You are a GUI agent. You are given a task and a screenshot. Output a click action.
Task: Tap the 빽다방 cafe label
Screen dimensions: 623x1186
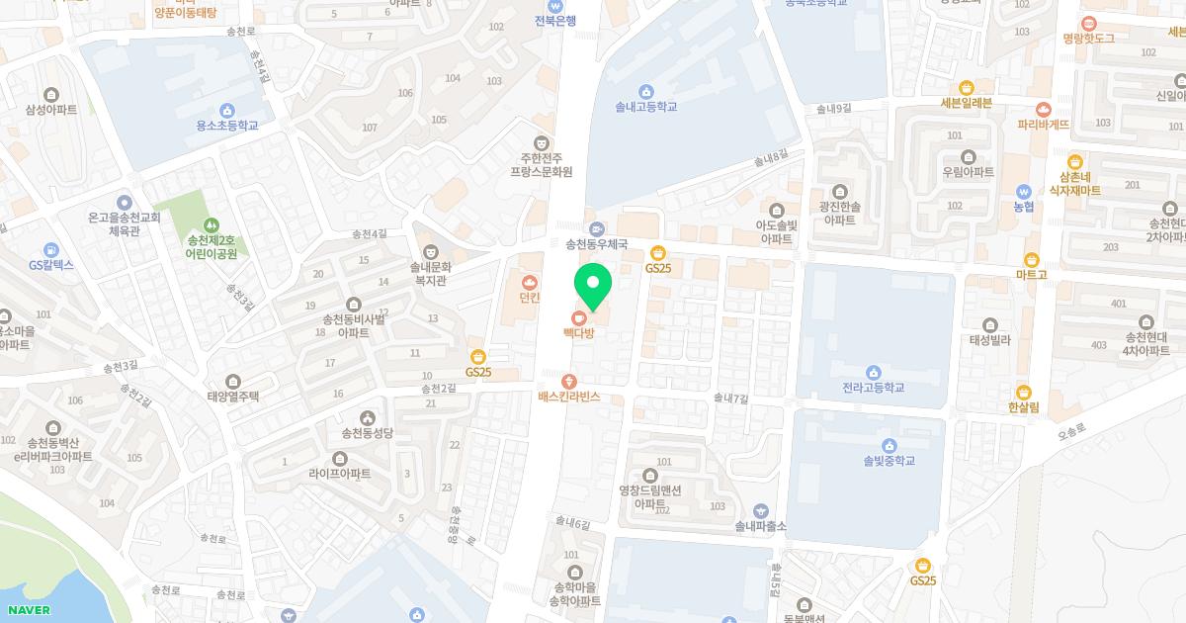(x=578, y=333)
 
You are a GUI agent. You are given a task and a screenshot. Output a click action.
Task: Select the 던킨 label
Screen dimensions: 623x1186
(x=530, y=297)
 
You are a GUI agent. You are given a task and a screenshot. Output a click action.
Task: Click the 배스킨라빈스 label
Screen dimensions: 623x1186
(x=568, y=397)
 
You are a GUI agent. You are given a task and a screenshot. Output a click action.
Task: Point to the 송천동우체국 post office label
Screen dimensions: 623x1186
(x=597, y=242)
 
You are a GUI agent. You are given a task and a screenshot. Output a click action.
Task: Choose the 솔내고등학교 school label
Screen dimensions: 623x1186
(x=645, y=106)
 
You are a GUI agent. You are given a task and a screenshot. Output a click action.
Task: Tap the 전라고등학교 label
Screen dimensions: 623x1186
(x=873, y=388)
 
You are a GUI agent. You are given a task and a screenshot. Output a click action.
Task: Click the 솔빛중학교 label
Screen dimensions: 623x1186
(x=889, y=460)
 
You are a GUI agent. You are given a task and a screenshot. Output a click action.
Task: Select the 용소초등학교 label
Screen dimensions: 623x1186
(x=227, y=126)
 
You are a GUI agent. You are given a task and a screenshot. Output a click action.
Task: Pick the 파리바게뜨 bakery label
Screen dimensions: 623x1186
(x=1043, y=125)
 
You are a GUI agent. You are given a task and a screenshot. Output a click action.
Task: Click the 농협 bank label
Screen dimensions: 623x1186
(x=1023, y=207)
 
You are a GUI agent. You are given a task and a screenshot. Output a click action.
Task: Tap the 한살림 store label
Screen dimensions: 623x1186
(x=1023, y=406)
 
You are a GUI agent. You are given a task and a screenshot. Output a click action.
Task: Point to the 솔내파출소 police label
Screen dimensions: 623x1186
(x=760, y=525)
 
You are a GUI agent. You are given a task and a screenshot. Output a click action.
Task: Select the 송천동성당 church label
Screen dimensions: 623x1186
(x=368, y=432)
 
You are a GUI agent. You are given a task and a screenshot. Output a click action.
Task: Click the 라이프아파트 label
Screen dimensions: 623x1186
(x=340, y=474)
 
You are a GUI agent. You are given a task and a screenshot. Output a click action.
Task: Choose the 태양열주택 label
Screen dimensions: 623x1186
(x=233, y=396)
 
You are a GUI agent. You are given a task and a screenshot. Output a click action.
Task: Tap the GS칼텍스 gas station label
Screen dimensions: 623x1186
(x=51, y=265)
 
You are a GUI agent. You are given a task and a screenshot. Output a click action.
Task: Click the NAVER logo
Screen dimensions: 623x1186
(x=27, y=609)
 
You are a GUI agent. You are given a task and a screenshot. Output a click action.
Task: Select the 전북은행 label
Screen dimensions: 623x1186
(x=555, y=20)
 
